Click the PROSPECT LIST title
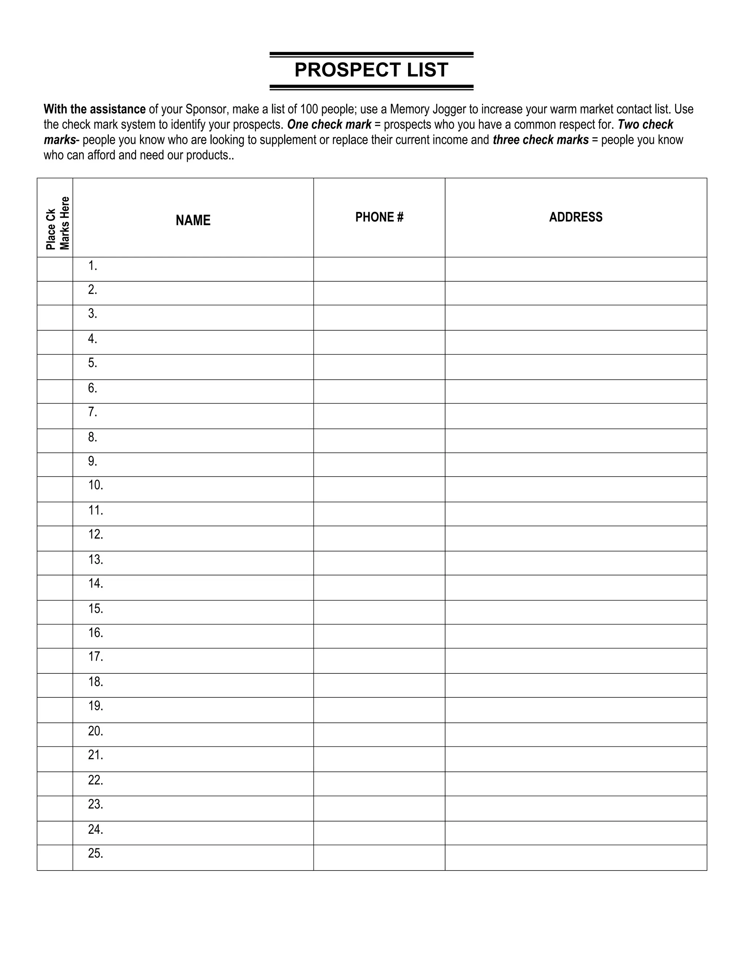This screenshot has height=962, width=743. [371, 70]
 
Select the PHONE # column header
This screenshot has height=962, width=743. [379, 217]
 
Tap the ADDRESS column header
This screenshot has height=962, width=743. [575, 217]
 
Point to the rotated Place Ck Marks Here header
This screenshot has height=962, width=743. [57, 223]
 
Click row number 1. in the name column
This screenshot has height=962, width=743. [93, 266]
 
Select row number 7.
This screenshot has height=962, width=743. [93, 412]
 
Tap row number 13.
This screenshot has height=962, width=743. [95, 560]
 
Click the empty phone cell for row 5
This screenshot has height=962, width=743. [379, 367]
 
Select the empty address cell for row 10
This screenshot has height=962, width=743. [576, 489]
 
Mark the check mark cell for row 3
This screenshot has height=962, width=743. [55, 318]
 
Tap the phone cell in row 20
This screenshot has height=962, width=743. [379, 734]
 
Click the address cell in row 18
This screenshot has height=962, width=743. [576, 685]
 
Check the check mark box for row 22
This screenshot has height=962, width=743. [55, 784]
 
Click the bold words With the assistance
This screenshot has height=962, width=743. [95, 109]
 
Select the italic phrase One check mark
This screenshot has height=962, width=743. [329, 125]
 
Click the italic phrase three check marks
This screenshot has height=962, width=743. [541, 140]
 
